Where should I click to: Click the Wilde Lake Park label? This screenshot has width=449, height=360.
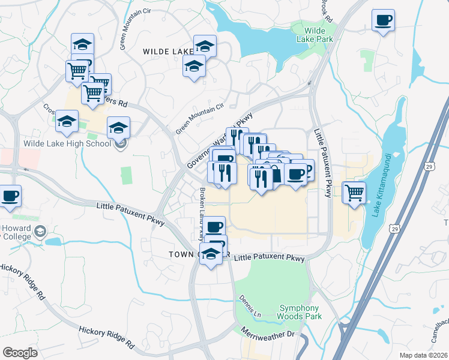click(310, 34)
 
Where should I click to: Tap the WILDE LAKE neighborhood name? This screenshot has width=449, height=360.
click(167, 52)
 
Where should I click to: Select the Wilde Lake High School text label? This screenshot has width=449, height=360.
click(67, 143)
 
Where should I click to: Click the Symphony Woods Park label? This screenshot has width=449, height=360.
click(300, 312)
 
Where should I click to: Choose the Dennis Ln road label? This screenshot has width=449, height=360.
click(250, 305)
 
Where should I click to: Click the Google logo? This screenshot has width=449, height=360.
click(20, 353)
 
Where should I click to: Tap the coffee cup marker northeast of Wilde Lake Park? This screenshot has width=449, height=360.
click(383, 21)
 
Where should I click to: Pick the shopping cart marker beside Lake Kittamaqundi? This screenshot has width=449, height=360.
click(355, 193)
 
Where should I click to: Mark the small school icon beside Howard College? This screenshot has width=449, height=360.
click(40, 232)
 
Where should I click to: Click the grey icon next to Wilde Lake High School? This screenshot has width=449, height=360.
click(121, 143)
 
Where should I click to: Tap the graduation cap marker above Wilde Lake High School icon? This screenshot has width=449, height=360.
click(118, 128)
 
